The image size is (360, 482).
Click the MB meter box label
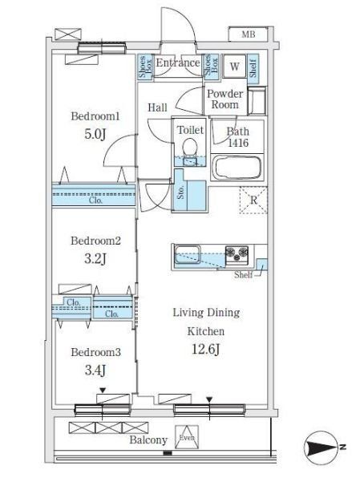tap(249, 34)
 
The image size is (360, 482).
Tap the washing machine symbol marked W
tap(234, 66)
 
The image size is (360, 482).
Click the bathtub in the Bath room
tap(237, 168)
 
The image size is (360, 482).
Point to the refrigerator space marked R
tap(253, 200)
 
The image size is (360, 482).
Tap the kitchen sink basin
tap(188, 254)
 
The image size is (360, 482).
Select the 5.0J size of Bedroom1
tap(95, 134)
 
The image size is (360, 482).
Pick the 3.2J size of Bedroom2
tap(95, 259)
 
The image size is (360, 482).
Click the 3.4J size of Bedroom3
tap(95, 370)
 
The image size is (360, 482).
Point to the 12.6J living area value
tap(206, 349)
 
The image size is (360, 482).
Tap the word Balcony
tap(148, 439)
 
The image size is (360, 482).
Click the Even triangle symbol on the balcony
tap(187, 437)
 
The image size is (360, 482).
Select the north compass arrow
tap(322, 447)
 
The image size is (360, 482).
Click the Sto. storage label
tap(181, 192)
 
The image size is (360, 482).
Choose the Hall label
tap(157, 107)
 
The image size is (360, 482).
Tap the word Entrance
tap(178, 63)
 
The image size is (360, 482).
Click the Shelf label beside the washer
tap(253, 68)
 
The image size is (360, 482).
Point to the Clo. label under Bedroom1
tap(95, 200)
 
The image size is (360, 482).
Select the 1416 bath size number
tap(238, 143)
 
